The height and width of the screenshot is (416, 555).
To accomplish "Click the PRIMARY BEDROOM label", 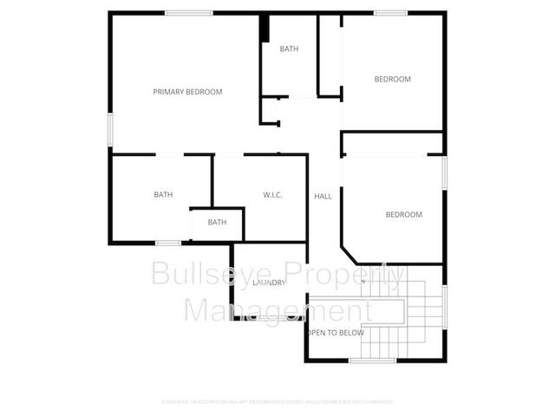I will pos(187,92).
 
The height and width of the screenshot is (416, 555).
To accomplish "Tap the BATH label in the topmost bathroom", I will pos(289,49).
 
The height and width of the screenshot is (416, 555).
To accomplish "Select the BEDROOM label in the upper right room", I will pos(392,80).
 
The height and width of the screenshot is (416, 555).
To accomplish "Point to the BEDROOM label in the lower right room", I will pos(403,215).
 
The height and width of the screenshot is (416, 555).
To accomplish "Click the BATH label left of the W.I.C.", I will pos(163,195).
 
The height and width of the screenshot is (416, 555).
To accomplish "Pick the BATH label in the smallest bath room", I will pos(217,223).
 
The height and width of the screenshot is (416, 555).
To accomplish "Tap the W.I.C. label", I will pos(272,195).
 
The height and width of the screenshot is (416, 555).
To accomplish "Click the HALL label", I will pos(323,197).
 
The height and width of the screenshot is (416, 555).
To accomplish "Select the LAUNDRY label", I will pos(269,283).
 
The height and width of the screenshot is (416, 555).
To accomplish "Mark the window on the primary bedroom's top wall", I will pos(190,12).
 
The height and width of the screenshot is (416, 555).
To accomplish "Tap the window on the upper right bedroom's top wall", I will pos(391,12).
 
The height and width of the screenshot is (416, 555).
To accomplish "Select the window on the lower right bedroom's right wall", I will pos(444,171).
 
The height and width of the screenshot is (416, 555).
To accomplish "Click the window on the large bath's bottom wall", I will pos(168,243).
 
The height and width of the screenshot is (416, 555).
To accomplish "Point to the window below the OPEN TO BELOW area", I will pos(365,361).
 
